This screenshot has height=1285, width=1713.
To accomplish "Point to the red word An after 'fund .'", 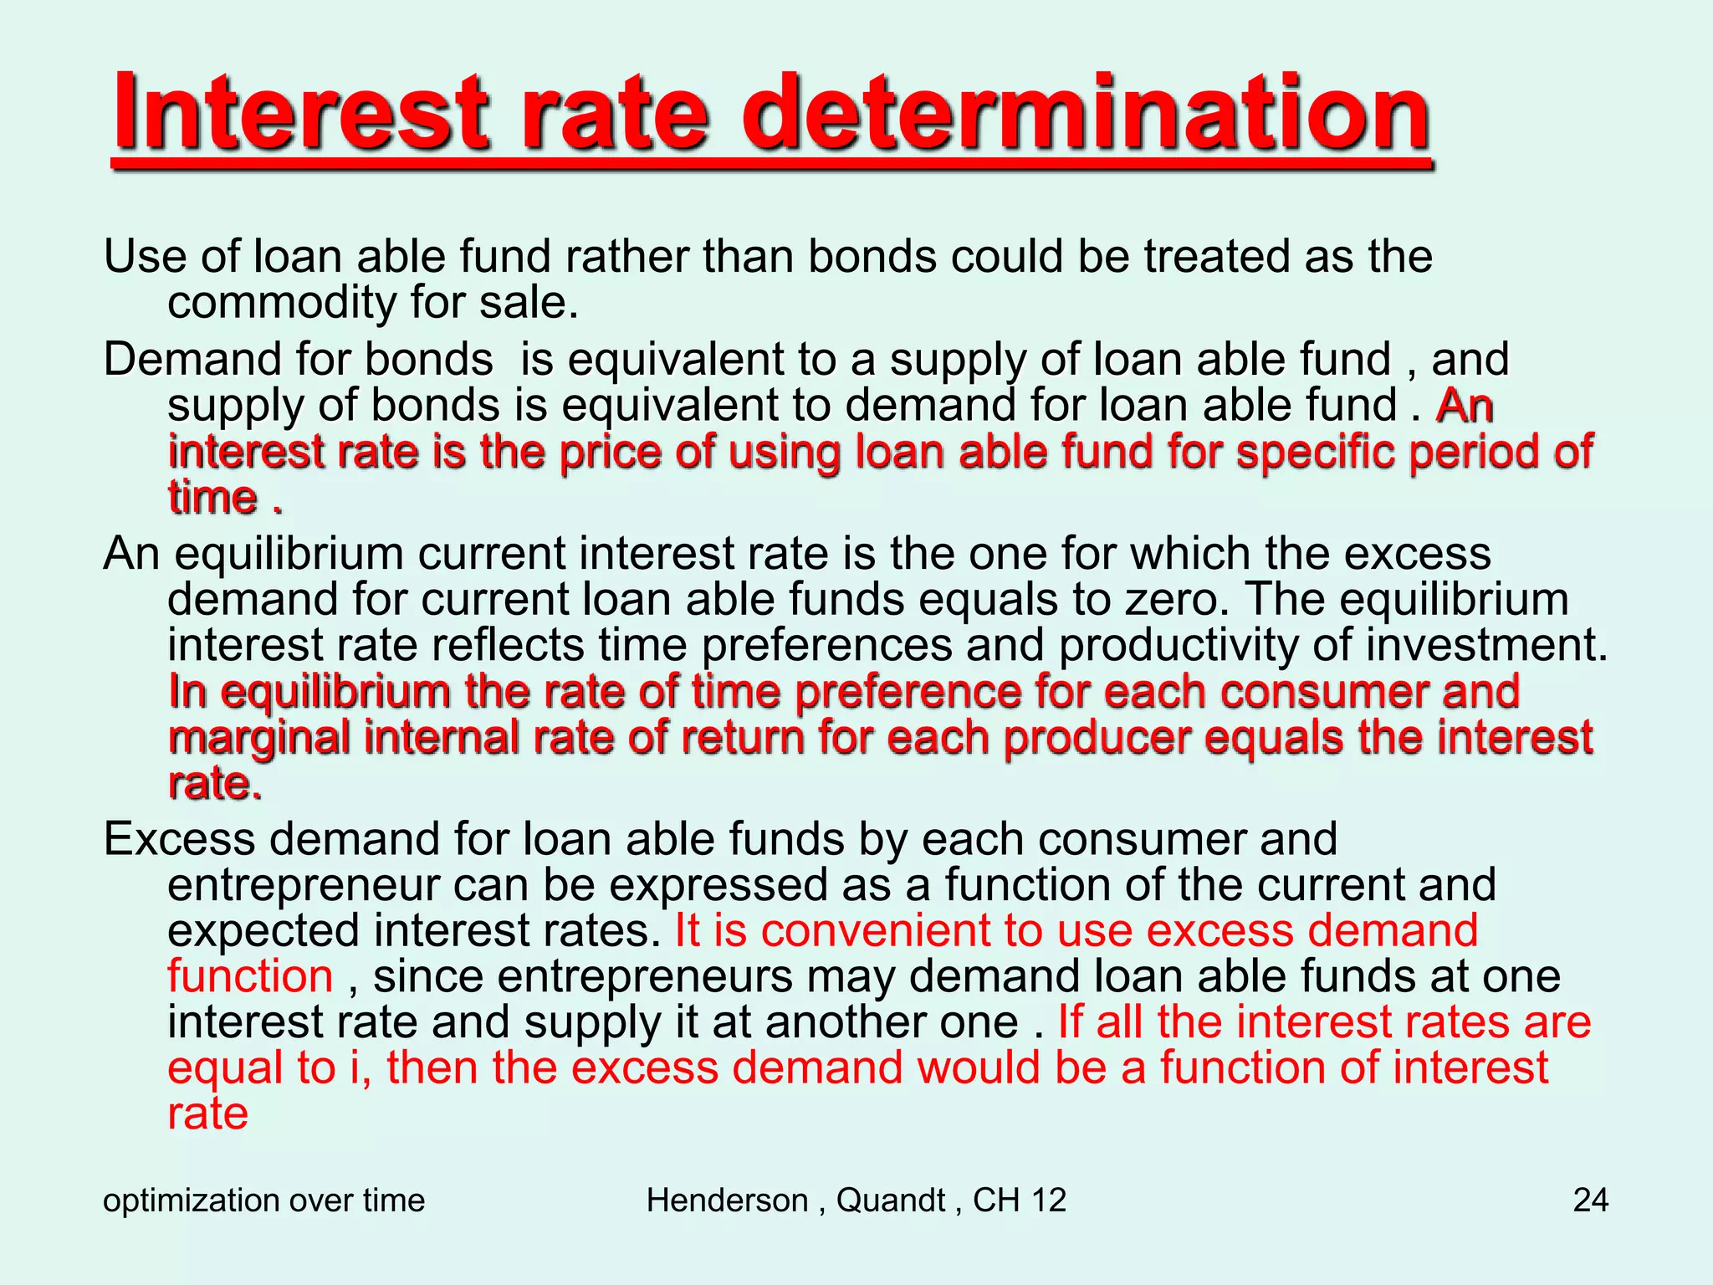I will pos(1464,407).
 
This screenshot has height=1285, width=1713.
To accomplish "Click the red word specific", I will pos(1315,453).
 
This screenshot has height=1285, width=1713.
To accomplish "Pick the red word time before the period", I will pos(212,499).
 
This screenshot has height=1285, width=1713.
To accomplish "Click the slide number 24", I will pos(1590,1201).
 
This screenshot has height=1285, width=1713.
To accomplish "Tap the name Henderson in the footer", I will pos(727,1201).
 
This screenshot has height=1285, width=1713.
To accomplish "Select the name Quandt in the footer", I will pos(890,1201).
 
